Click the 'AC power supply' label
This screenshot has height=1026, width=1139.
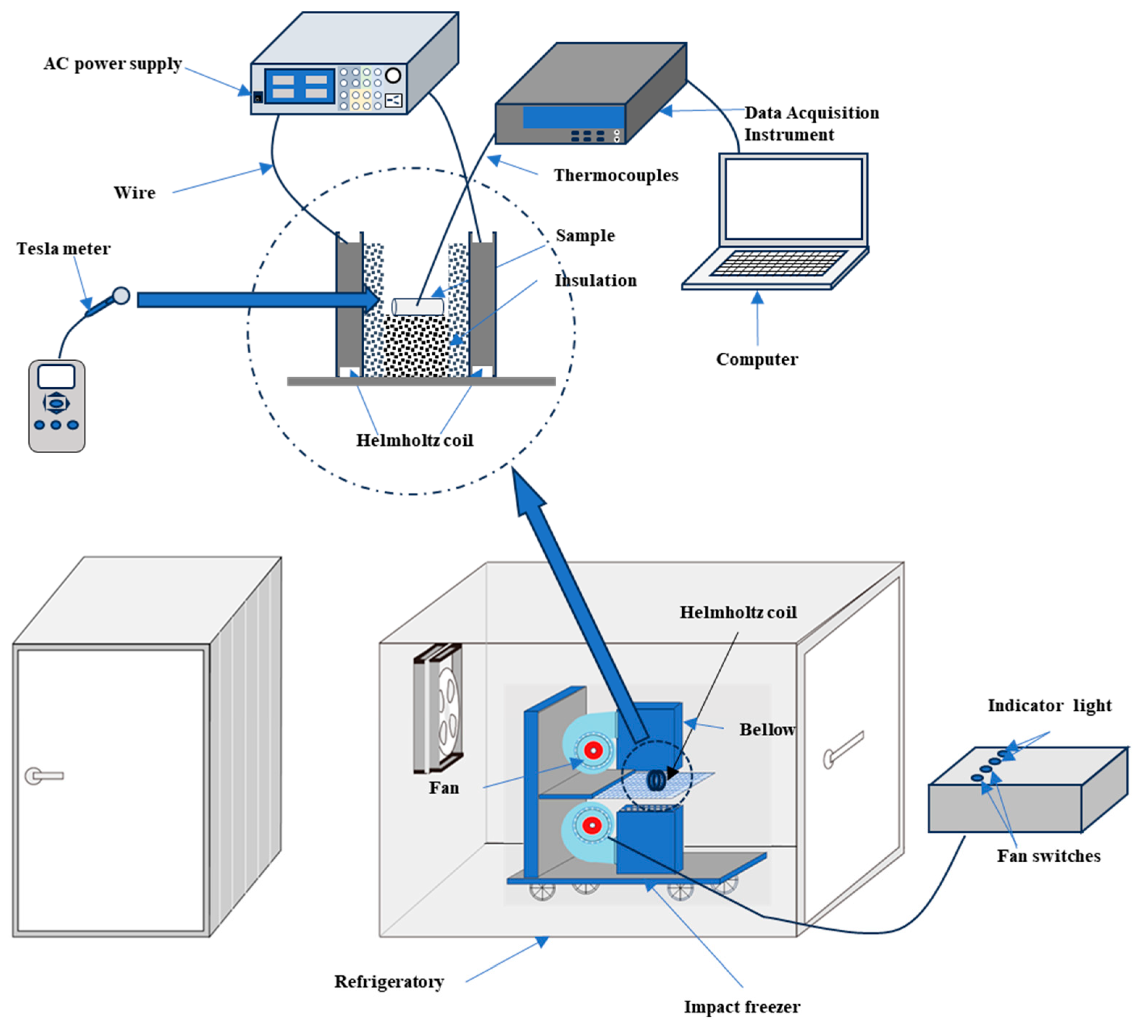(113, 64)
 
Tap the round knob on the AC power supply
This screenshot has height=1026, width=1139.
(393, 75)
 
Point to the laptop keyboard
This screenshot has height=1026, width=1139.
(778, 263)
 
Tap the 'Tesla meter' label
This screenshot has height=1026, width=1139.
(63, 249)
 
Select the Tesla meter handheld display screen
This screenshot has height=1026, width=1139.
(56, 377)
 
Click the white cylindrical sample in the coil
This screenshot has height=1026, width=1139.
(418, 307)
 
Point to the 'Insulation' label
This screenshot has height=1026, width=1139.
(595, 280)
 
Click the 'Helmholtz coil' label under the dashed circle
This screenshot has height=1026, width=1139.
(414, 440)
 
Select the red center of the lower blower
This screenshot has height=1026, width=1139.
(591, 826)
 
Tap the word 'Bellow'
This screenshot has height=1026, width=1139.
(767, 729)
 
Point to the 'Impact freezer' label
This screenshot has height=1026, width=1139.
(741, 1007)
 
